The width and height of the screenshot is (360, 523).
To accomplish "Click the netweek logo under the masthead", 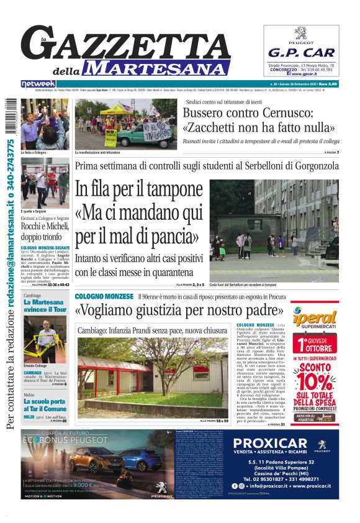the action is pos(38,84).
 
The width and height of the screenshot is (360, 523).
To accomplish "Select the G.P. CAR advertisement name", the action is pos(301,53).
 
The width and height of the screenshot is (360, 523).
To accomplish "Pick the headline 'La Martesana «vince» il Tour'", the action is pos(45,305).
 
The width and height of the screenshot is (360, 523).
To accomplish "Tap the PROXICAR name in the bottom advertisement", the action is pos(271,443).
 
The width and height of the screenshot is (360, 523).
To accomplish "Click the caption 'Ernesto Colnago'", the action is pos(37,365).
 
